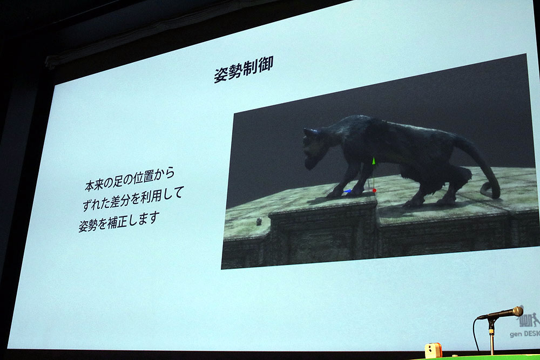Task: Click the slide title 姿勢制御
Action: (x=243, y=69)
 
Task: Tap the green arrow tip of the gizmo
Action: (x=373, y=161)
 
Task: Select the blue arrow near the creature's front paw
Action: (x=348, y=191)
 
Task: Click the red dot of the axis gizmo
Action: (x=374, y=191)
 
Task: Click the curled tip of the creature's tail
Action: (x=489, y=190)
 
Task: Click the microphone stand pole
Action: (x=492, y=338)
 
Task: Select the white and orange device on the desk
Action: (x=433, y=350)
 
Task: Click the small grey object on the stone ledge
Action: (x=259, y=221)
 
